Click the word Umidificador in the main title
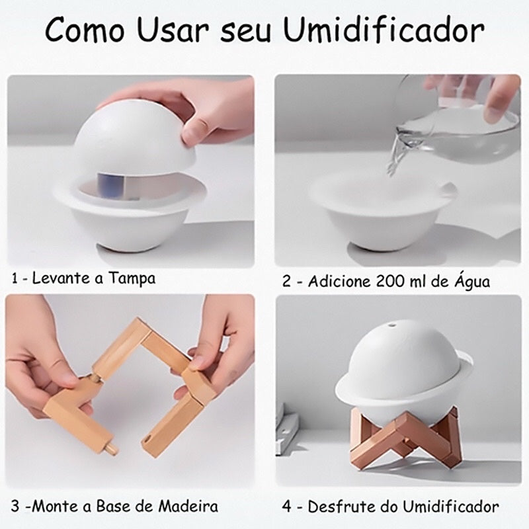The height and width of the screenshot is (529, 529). tap(384, 29)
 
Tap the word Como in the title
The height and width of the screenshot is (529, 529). tap(85, 29)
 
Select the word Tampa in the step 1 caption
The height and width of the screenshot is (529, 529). tap(132, 279)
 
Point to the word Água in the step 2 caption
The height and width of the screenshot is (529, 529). tap(472, 281)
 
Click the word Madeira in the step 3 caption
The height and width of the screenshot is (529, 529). tap(188, 506)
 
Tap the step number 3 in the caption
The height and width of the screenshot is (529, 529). tap(15, 507)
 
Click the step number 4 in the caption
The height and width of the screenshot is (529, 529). tap(286, 507)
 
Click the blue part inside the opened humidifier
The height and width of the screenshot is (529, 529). tap(110, 186)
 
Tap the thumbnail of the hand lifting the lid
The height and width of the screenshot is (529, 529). tap(130, 171)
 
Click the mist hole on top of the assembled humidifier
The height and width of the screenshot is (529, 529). tap(392, 325)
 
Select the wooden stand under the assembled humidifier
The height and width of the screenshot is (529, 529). tap(405, 435)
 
